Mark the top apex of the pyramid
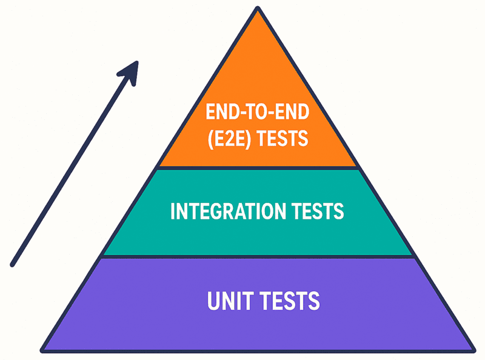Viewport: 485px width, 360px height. tap(258, 8)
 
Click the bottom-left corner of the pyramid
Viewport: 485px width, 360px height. tap(42, 350)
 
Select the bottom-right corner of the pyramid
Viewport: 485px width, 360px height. tap(473, 350)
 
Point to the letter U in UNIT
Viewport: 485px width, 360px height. tap(213, 301)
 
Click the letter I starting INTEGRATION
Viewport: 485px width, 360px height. tap(173, 212)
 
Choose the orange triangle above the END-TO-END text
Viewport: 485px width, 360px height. tap(258, 61)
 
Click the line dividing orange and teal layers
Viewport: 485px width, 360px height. tap(258, 168)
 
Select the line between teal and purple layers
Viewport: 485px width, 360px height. tap(258, 256)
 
